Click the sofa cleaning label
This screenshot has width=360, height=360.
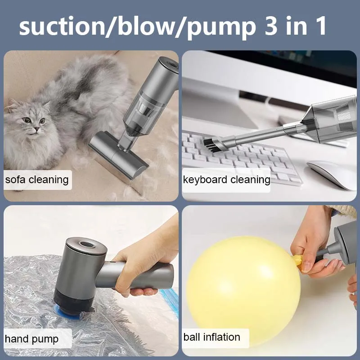(37, 180)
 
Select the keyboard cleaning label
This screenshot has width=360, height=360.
(226, 180)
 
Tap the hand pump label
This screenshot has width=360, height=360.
(31, 338)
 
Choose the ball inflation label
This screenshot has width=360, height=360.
(211, 337)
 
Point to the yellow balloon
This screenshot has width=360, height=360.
(243, 279)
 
